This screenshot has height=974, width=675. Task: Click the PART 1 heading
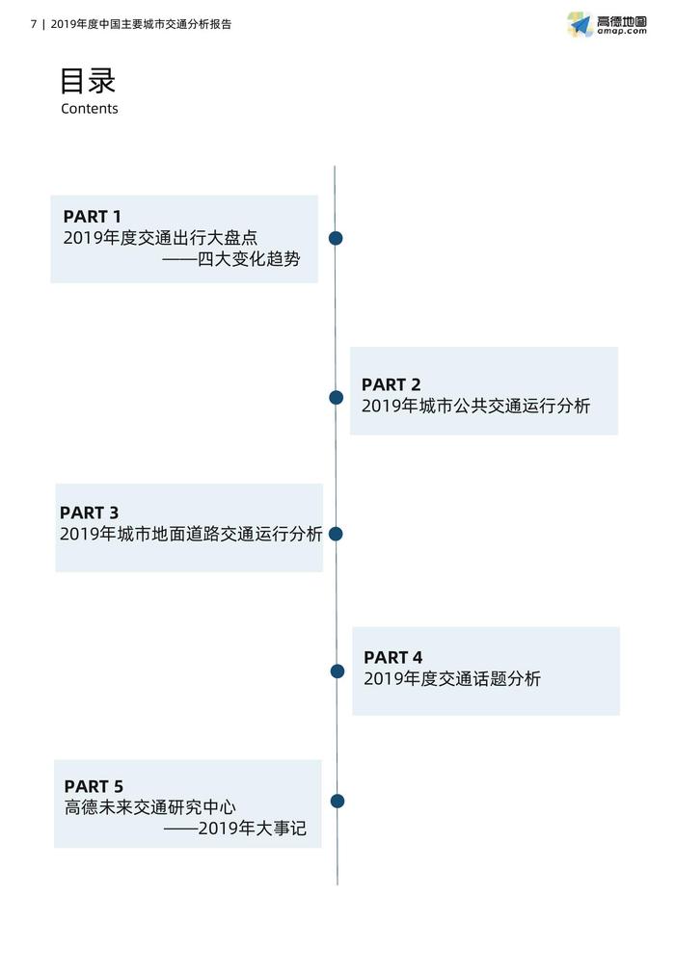(x=92, y=216)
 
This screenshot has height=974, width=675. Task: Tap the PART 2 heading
(x=391, y=384)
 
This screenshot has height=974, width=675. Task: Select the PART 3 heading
(x=89, y=513)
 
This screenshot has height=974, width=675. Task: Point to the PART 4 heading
(x=392, y=657)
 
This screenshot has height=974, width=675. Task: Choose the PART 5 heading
(x=94, y=786)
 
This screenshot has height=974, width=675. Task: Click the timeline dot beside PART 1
(x=336, y=238)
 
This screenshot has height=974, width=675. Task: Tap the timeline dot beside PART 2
(x=337, y=398)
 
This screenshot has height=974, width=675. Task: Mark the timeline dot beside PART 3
(x=336, y=534)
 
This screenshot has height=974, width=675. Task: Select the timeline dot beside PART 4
(x=337, y=671)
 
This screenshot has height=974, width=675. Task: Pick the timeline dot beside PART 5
(x=337, y=802)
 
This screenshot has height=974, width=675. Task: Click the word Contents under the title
(x=90, y=109)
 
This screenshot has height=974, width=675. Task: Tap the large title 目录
(x=88, y=81)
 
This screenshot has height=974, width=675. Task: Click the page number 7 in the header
(x=34, y=24)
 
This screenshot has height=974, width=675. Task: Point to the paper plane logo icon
(x=580, y=24)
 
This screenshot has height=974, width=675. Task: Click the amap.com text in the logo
(x=622, y=31)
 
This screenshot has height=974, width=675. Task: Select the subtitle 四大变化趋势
(x=249, y=259)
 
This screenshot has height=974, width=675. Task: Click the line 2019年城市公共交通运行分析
(x=476, y=407)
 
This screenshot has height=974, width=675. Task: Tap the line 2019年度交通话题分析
(x=452, y=679)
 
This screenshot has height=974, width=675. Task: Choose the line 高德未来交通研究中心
(x=150, y=807)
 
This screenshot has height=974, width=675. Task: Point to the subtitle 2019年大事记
(x=253, y=829)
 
